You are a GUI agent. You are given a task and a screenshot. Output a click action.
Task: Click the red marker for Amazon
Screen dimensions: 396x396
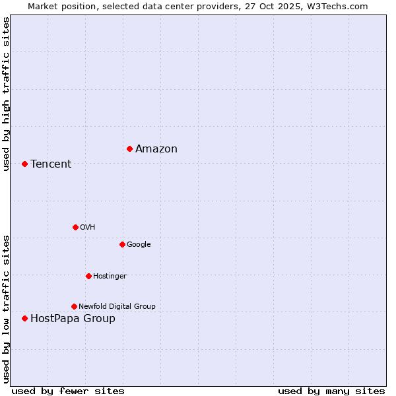click(129, 148)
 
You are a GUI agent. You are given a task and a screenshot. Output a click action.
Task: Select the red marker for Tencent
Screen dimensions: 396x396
click(24, 164)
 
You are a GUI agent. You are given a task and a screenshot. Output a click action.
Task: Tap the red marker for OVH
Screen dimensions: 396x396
click(75, 227)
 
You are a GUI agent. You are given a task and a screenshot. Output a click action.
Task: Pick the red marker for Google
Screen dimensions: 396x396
click(122, 244)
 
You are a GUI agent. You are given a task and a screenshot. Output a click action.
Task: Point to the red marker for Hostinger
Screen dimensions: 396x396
click(88, 276)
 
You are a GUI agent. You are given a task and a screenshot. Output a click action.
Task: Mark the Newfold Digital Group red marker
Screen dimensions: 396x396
click(74, 306)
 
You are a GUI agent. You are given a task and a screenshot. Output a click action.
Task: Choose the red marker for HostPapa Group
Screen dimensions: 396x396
click(24, 318)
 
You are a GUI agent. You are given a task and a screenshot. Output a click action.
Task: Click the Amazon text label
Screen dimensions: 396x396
click(156, 148)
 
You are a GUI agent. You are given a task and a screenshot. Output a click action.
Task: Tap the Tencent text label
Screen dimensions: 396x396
click(51, 164)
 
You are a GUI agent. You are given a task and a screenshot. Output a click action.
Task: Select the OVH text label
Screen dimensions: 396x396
click(88, 227)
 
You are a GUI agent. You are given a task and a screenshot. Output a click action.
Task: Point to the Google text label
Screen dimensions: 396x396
click(139, 244)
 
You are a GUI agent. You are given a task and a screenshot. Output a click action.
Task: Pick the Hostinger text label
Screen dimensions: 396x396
click(110, 276)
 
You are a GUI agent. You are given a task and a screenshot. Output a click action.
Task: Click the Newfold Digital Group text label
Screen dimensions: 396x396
click(117, 306)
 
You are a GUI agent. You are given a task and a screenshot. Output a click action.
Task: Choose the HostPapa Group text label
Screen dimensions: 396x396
click(73, 319)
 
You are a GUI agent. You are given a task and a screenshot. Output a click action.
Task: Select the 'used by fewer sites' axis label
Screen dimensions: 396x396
click(68, 391)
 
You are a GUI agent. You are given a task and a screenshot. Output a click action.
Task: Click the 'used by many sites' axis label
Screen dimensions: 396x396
click(331, 391)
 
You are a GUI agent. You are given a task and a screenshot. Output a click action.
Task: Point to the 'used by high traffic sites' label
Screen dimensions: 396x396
click(6, 94)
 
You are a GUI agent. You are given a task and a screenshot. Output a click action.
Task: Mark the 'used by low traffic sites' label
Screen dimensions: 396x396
click(6, 308)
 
